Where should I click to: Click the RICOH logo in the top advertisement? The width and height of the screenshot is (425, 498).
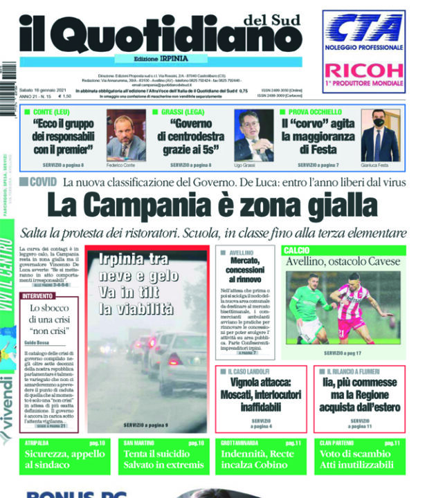pyautogui.click(x=363, y=70)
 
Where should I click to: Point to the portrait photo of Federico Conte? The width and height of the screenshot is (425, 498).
pyautogui.click(x=126, y=134)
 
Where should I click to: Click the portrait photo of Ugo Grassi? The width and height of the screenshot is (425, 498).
pyautogui.click(x=254, y=134)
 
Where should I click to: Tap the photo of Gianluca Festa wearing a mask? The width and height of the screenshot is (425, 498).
pyautogui.click(x=381, y=134)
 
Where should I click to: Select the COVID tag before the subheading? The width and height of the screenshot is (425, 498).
pyautogui.click(x=43, y=182)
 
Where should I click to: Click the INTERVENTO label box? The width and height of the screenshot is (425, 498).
pyautogui.click(x=39, y=295)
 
